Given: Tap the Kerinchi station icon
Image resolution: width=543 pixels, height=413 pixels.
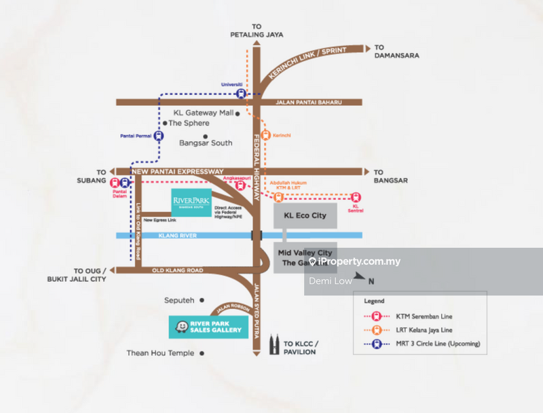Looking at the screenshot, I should point(266,135).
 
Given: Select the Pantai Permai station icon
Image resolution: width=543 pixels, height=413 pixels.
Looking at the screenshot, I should point(158,135).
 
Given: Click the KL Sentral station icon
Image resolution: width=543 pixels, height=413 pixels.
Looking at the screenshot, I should point(355,198).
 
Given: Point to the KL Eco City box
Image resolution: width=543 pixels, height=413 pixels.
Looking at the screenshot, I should point(305,216).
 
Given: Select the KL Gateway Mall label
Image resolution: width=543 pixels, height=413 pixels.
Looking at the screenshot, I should point(203,113).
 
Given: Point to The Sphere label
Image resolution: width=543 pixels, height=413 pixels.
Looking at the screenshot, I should point(189,124).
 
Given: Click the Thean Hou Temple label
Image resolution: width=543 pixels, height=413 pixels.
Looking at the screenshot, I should point(160,353).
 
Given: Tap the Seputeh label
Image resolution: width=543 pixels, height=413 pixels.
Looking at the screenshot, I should point(179,300).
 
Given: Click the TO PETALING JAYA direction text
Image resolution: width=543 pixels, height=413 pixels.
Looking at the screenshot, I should point(256,31).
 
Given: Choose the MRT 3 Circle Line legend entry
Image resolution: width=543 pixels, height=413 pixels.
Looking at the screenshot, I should point(437,344).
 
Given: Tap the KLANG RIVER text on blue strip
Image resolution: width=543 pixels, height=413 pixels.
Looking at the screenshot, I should point(161,235).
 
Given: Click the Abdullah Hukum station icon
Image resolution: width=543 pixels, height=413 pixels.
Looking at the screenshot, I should point(278,198).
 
